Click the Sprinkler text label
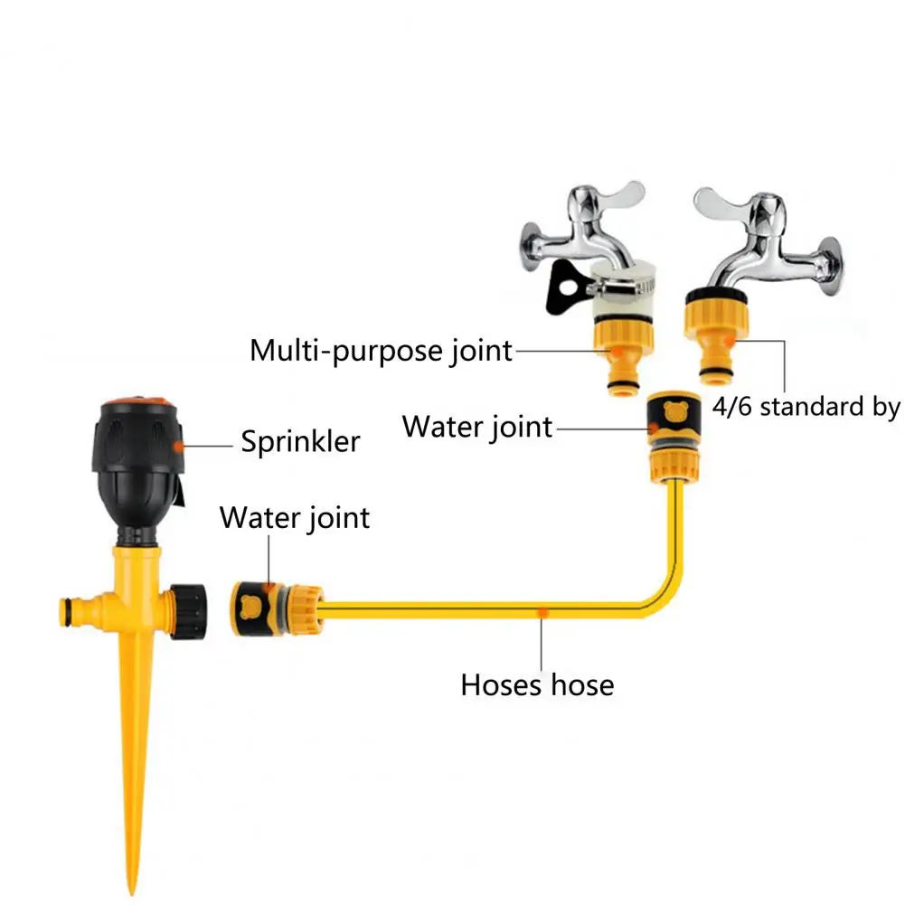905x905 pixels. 300,442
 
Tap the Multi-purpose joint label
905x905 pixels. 381,350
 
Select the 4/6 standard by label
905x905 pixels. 806,406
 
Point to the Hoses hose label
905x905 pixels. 537,684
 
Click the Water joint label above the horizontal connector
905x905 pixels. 295,518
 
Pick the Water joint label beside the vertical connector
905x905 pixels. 477,426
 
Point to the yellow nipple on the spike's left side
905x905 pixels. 74,608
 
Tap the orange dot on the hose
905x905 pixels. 541,612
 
